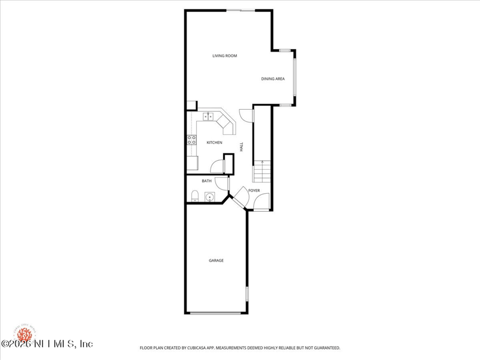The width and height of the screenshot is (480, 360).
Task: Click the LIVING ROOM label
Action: point(225,56)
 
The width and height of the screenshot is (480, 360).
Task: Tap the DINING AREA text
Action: point(272,79)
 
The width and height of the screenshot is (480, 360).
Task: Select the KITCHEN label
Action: point(214,142)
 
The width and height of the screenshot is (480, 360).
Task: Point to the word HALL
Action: point(242,146)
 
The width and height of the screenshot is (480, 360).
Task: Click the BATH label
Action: point(206,181)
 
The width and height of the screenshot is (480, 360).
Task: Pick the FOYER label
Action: point(254,191)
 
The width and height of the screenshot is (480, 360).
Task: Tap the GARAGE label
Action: point(216,260)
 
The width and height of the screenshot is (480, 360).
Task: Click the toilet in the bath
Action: point(194,196)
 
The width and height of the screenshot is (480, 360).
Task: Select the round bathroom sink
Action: point(210,196)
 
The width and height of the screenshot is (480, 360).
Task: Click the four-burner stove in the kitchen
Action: point(192,140)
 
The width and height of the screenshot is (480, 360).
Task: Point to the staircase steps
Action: point(262,175)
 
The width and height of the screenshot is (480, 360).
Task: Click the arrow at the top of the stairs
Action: point(262,162)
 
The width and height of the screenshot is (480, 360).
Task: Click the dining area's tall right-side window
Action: point(294,77)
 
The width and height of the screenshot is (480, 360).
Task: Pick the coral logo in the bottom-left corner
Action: point(25,332)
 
